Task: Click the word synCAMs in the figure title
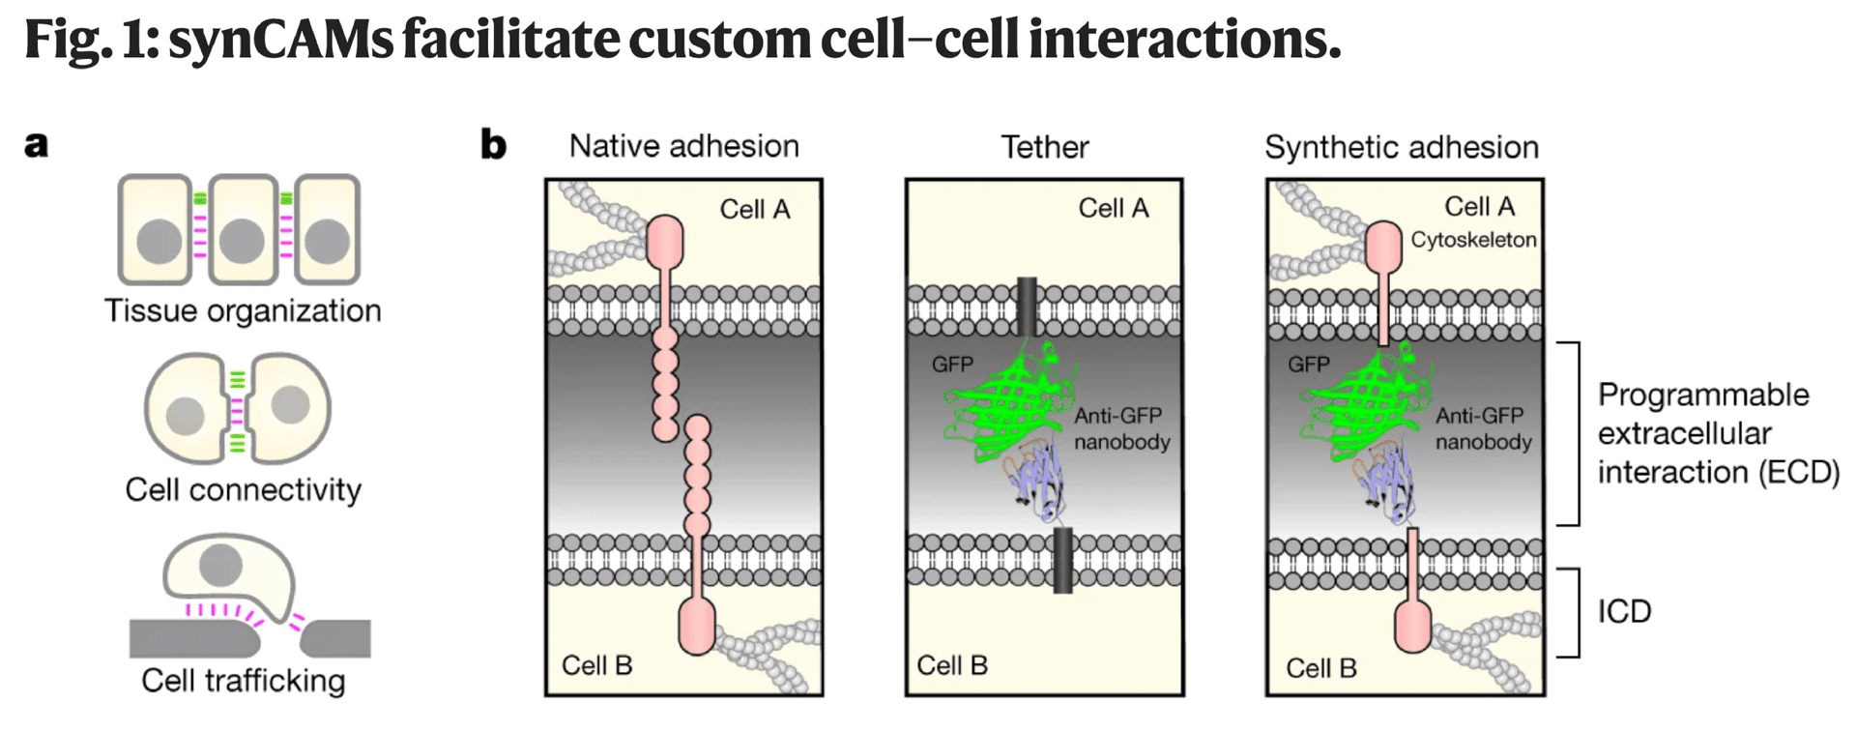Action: pos(280,39)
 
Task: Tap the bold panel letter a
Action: pos(36,145)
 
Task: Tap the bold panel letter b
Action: pos(493,145)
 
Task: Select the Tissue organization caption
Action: pos(243,310)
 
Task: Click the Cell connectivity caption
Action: pos(243,489)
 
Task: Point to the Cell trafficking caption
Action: pos(243,681)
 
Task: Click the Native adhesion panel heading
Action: pos(683,146)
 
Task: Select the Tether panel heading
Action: pos(1044,147)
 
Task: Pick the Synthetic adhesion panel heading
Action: pos(1401,147)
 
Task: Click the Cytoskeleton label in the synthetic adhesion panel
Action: pos(1472,240)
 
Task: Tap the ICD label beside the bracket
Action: pos(1624,611)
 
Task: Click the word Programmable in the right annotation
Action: pos(1702,395)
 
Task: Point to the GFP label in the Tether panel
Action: pos(952,365)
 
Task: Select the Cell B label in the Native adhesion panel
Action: pos(596,665)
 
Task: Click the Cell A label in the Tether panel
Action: pos(1113,208)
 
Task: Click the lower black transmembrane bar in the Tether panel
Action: pos(1062,561)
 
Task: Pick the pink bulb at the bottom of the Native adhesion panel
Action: pos(697,626)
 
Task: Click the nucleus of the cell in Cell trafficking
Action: pos(220,565)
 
